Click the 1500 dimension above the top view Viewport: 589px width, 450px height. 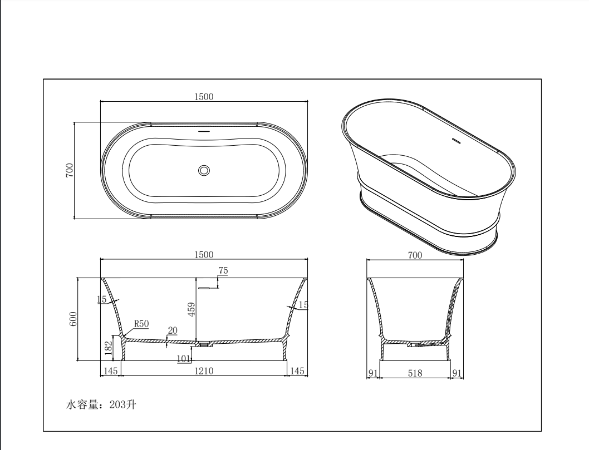pos(203,96)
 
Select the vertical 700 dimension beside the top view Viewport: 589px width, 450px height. pos(70,170)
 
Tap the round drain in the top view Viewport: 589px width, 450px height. pos(204,170)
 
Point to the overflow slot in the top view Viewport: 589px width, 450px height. pos(204,132)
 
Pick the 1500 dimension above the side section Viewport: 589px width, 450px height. pos(203,254)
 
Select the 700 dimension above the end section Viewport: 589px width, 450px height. pos(414,255)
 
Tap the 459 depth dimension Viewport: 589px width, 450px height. pos(192,309)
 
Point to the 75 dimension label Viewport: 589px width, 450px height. pos(223,271)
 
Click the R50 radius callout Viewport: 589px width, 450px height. pos(141,324)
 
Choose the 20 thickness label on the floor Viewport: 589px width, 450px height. pos(173,330)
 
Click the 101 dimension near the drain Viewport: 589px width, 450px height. pos(183,358)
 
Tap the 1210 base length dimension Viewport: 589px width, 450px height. pos(203,371)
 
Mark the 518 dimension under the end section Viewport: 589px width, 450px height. pos(415,373)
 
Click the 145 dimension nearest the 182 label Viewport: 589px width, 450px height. pos(110,371)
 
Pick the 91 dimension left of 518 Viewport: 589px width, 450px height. pos(374,373)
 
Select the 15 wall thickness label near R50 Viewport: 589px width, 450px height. pos(101,300)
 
